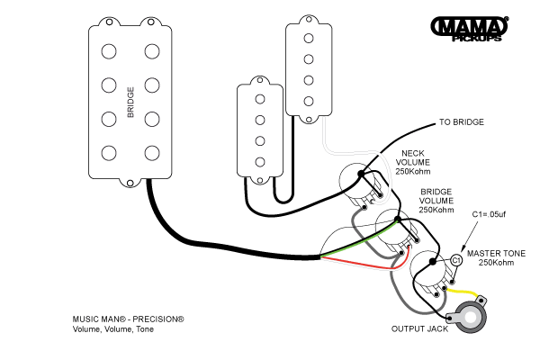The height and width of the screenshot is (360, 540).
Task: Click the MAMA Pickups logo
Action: coord(470,29)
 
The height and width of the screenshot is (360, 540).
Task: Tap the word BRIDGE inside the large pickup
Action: coord(130,103)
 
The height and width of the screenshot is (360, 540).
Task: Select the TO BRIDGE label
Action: coord(462,122)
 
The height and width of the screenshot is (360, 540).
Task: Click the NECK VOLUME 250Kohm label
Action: coord(412,162)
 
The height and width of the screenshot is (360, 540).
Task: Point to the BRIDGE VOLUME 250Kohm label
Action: coord(436,201)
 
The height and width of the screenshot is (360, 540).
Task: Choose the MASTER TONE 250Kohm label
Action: coord(496,258)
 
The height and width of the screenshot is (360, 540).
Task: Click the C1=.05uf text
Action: coord(489,214)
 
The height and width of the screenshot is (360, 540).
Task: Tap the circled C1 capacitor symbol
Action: coord(456,260)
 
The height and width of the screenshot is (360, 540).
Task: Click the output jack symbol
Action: coord(468,314)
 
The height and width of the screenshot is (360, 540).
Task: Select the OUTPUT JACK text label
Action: coord(419,329)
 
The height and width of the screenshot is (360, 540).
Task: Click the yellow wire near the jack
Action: coord(463,292)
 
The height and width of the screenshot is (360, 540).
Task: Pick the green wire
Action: coord(359,239)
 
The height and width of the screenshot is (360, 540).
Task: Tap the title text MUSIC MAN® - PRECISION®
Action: coord(128,319)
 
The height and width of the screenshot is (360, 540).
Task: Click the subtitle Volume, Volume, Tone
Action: coord(113,329)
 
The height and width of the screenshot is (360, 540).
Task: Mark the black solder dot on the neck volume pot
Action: coord(361,174)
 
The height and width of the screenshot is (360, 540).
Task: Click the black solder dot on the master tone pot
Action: coord(433,262)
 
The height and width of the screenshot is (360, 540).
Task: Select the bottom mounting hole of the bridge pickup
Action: coord(130,184)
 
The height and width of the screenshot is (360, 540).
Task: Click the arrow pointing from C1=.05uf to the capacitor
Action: coord(470,238)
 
